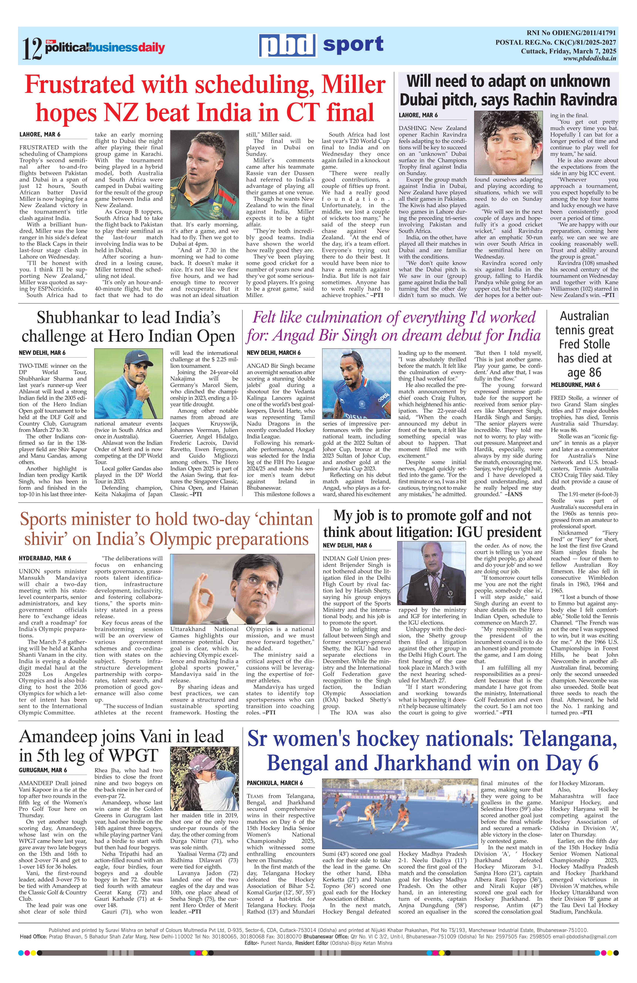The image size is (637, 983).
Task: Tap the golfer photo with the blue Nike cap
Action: (x=129, y=384)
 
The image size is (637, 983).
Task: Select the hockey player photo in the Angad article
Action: (x=356, y=384)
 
